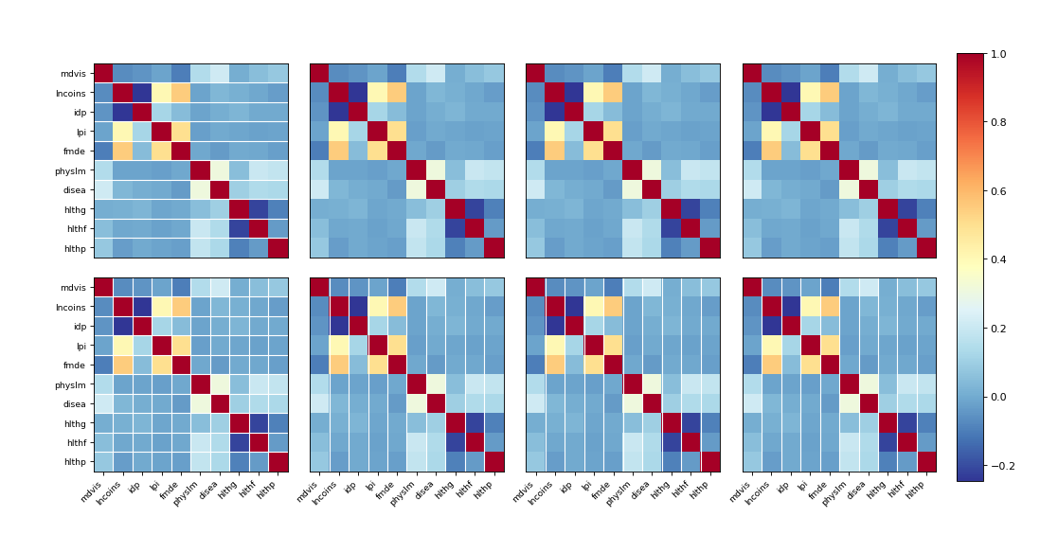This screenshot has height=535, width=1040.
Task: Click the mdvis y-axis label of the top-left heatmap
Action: (74, 74)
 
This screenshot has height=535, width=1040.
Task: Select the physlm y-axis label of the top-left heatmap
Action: (71, 170)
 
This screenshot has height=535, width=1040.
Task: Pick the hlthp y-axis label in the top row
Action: (75, 248)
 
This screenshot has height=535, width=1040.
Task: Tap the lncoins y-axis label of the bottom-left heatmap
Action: (71, 307)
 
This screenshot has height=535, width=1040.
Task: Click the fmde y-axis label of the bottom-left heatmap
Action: (75, 365)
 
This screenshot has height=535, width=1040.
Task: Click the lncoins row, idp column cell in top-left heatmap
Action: (142, 93)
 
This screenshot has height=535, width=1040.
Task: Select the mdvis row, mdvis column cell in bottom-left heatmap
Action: (103, 287)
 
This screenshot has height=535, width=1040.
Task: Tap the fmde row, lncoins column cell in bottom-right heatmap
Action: (772, 365)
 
